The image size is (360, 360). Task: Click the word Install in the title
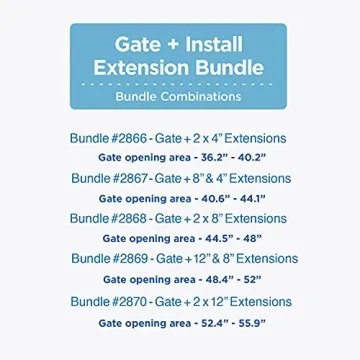pyautogui.click(x=214, y=45)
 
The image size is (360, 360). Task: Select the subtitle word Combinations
pyautogui.click(x=201, y=97)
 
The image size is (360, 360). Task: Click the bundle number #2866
pyautogui.click(x=128, y=138)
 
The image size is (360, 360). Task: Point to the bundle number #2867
pyautogui.click(x=129, y=178)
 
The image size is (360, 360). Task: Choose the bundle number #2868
pyautogui.click(x=128, y=219)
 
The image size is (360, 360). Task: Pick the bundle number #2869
pyautogui.click(x=129, y=259)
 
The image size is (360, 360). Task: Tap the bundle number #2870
pyautogui.click(x=128, y=302)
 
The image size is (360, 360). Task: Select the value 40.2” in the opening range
pyautogui.click(x=252, y=157)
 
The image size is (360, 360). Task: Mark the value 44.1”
pyautogui.click(x=252, y=199)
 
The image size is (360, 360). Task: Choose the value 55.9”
pyautogui.click(x=252, y=323)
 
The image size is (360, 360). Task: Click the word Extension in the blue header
pyautogui.click(x=141, y=68)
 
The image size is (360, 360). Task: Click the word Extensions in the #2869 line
pyautogui.click(x=267, y=259)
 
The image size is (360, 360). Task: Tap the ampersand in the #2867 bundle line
pyautogui.click(x=209, y=179)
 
